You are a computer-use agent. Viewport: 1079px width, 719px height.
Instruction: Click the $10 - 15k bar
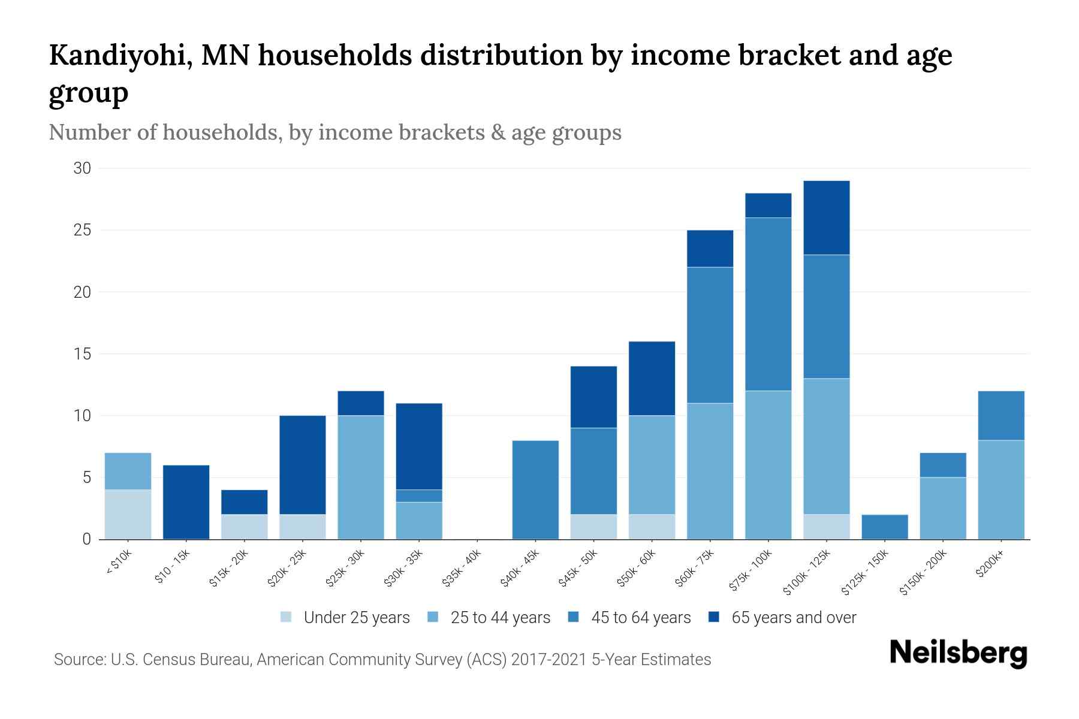click(186, 502)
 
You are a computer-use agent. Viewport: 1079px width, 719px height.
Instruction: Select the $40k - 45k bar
click(535, 490)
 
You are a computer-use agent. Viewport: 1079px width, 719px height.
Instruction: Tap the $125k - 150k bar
click(884, 527)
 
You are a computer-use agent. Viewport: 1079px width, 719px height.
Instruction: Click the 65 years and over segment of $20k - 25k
click(302, 465)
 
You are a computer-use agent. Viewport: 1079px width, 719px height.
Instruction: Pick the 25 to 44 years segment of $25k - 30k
click(360, 478)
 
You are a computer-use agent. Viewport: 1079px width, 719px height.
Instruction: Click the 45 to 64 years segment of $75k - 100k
click(768, 304)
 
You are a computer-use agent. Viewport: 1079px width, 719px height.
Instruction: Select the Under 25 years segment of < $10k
click(128, 515)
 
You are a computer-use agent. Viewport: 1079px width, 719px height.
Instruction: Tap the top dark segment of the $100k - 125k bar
click(826, 218)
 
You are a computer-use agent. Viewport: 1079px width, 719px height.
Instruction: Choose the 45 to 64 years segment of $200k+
click(1000, 416)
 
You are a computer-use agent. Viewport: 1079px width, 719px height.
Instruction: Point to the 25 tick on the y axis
click(82, 231)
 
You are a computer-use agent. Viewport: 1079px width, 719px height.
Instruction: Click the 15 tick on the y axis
click(82, 354)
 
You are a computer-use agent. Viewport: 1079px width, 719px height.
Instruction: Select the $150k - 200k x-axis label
click(924, 573)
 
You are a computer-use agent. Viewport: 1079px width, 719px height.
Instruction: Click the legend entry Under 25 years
click(356, 618)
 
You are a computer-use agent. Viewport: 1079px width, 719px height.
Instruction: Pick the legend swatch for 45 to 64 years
click(574, 617)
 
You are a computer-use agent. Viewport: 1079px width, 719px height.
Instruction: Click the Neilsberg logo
click(958, 653)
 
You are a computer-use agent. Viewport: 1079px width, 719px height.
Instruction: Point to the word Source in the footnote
click(79, 660)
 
